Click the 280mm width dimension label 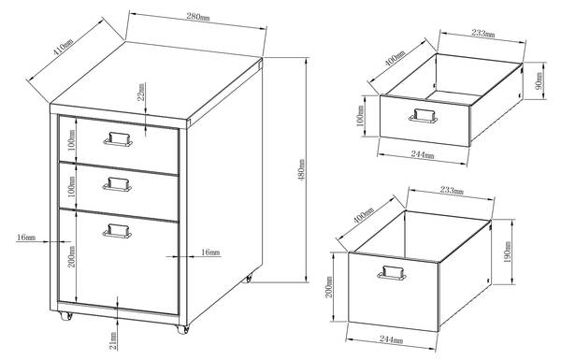pyautogui.click(x=198, y=17)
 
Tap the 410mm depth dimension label pyautogui.click(x=63, y=47)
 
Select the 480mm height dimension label pyautogui.click(x=302, y=170)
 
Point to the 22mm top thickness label pyautogui.click(x=142, y=92)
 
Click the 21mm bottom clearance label pyautogui.click(x=113, y=340)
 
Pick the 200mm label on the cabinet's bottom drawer pyautogui.click(x=72, y=256)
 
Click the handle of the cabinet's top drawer pyautogui.click(x=118, y=139)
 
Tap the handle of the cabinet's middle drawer pyautogui.click(x=118, y=184)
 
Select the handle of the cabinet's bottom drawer pyautogui.click(x=117, y=231)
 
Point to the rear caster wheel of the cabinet pyautogui.click(x=247, y=278)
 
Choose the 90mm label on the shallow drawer pyautogui.click(x=539, y=80)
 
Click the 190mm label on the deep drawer pyautogui.click(x=507, y=252)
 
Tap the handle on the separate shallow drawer pyautogui.click(x=424, y=116)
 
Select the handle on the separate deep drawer pyautogui.click(x=392, y=273)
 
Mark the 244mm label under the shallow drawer pyautogui.click(x=423, y=154)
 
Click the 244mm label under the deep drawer pyautogui.click(x=391, y=339)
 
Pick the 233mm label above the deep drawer pyautogui.click(x=452, y=191)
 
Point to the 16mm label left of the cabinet pyautogui.click(x=26, y=238)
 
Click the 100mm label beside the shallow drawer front pyautogui.click(x=361, y=115)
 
